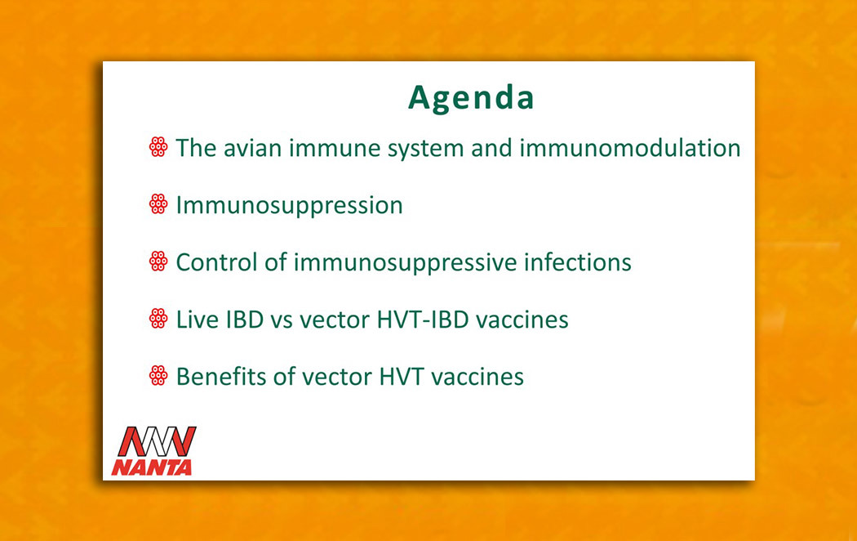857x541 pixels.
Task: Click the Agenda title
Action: [471, 98]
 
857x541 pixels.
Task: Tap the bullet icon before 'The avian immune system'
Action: [158, 147]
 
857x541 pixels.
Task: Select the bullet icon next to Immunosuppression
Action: [158, 204]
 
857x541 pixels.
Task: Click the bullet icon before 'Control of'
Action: [158, 261]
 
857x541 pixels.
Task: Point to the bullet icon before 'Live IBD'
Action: [158, 319]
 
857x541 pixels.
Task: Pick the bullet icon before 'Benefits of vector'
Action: [158, 375]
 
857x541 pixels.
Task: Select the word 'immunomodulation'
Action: [629, 148]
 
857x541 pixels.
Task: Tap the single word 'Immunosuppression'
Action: [289, 206]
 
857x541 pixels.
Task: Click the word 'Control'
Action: [217, 262]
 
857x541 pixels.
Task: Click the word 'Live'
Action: [198, 320]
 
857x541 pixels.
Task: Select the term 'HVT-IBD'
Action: [423, 320]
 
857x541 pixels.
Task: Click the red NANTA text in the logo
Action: [152, 467]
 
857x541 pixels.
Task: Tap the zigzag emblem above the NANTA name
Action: [158, 441]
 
